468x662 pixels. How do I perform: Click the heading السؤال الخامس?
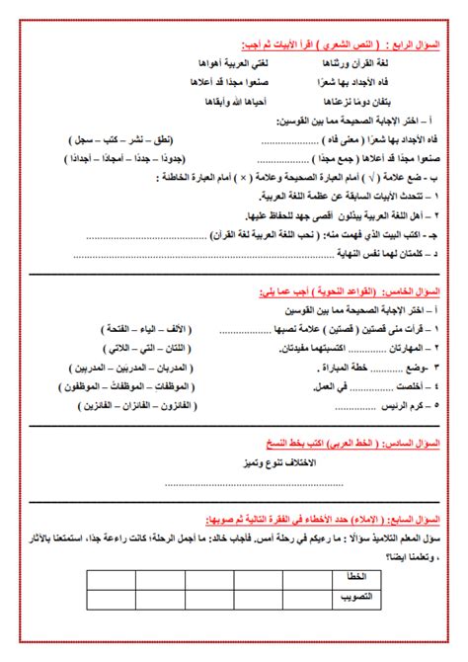[416, 292]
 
